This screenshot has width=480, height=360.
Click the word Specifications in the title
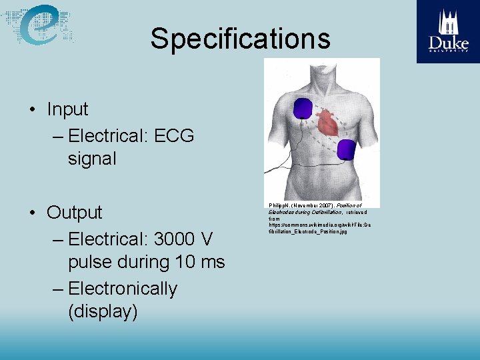[240, 39]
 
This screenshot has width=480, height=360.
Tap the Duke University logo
[448, 31]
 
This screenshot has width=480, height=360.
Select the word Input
[67, 109]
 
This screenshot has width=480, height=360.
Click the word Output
[75, 213]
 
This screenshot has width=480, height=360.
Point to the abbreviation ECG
[173, 136]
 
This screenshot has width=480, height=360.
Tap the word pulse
[91, 263]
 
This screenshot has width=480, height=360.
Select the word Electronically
[123, 289]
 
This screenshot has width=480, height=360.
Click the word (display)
[103, 312]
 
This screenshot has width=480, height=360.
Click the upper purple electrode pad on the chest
[303, 107]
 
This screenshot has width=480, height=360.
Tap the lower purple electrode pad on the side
[346, 149]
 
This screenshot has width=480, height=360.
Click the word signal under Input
[92, 159]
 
